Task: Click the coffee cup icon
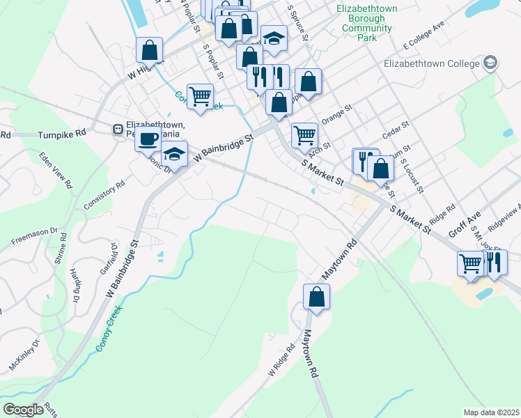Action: [148, 139]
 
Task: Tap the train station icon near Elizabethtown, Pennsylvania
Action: [118, 129]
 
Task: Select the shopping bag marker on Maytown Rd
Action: [316, 297]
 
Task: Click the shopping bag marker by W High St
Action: [150, 50]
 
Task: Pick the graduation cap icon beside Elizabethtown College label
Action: [490, 63]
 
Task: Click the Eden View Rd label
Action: [56, 170]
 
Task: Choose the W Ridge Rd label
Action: [281, 362]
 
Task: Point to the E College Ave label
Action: [424, 37]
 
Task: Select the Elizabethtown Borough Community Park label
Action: [367, 23]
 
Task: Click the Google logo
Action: [23, 410]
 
